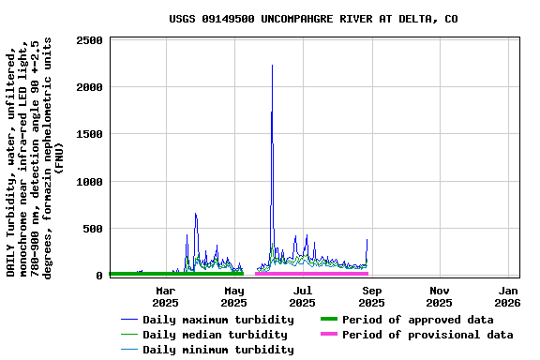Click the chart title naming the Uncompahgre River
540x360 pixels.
(x=313, y=19)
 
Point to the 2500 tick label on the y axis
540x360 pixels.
(x=90, y=40)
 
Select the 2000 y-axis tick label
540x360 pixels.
(x=90, y=87)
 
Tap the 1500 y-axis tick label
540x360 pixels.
(x=90, y=134)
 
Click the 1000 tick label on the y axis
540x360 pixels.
(x=90, y=181)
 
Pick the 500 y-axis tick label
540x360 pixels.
(x=94, y=228)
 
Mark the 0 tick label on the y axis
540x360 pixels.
(x=100, y=275)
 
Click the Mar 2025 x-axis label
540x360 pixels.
(x=165, y=296)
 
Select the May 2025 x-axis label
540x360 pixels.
(x=233, y=296)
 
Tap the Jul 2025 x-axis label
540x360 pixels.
(x=302, y=296)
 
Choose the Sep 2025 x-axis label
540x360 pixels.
(x=371, y=296)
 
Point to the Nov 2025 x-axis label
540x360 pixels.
(x=440, y=296)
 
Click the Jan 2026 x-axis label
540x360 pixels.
(x=507, y=296)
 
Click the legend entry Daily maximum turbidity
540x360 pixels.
(x=217, y=320)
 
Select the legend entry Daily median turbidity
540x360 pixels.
(x=215, y=335)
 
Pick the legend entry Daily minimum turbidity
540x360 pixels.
(x=217, y=350)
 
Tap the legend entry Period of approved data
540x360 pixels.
(x=417, y=320)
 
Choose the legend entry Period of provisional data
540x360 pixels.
(x=427, y=335)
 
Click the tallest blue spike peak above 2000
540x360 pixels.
(x=272, y=66)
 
